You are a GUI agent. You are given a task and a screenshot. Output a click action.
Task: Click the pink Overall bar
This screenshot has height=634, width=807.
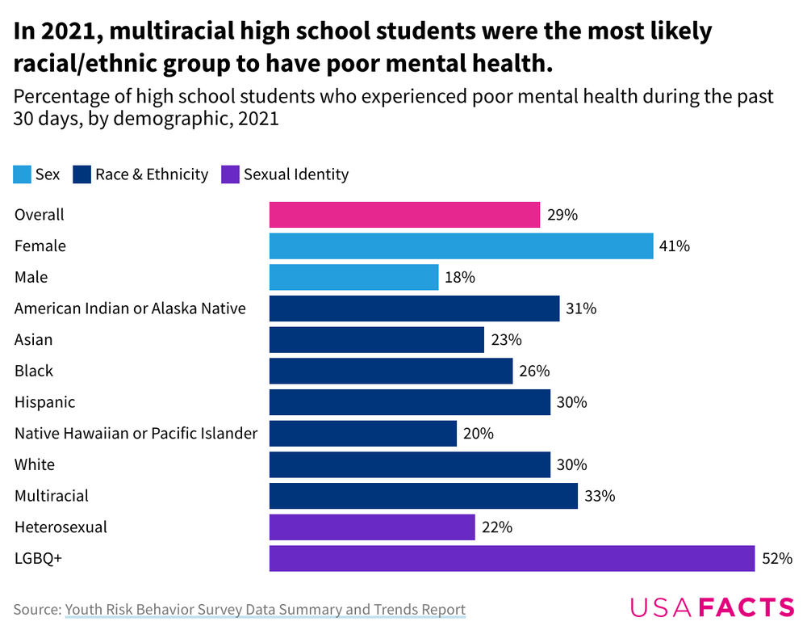coord(404,215)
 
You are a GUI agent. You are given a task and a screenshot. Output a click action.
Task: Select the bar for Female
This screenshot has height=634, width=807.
coord(461,246)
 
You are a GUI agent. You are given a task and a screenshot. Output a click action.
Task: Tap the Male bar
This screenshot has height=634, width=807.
coord(353,277)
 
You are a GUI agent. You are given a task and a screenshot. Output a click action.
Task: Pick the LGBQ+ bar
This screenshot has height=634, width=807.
coord(512,558)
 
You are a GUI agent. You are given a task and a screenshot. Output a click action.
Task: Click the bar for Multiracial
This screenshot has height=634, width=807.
coord(423,496)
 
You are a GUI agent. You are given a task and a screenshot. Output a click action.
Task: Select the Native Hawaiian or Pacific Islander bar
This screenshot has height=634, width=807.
coord(362,434)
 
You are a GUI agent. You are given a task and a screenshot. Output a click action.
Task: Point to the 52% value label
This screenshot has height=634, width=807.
coord(777,558)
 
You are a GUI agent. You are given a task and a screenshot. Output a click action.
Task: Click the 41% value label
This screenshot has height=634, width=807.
coord(674,246)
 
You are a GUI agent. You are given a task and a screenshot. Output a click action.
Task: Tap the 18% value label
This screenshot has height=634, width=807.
coord(459,277)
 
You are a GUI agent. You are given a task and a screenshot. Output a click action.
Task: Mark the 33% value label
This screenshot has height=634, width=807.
coord(599,496)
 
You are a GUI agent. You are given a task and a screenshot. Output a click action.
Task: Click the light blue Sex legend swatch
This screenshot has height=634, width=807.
coord(23,174)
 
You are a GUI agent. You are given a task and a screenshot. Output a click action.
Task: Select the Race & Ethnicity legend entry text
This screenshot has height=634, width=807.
coord(152,174)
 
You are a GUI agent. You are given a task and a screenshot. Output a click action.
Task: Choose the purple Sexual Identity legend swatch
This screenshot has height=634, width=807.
coord(230,174)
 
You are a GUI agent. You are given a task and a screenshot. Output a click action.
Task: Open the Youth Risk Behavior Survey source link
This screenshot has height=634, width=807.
coord(265,609)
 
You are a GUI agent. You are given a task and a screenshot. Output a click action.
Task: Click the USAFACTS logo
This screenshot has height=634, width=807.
coord(712,607)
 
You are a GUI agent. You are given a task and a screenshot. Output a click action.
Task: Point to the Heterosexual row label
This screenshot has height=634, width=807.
coord(61,527)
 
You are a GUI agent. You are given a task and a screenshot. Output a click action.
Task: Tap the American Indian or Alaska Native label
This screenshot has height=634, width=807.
coord(130,309)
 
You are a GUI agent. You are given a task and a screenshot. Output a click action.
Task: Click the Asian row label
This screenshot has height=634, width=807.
coord(33,340)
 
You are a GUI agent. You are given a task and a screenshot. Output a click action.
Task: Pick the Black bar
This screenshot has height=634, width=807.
coord(391,372)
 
